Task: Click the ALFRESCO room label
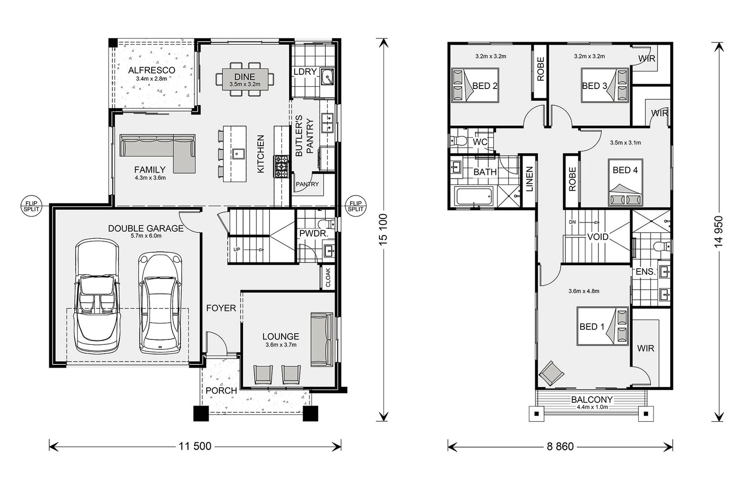tap(151, 70)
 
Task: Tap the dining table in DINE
tap(244, 79)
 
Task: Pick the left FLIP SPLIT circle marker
tap(31, 206)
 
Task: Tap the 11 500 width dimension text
tap(195, 446)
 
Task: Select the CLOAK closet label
tap(328, 277)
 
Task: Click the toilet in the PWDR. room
tap(325, 224)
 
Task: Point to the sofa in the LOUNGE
tap(322, 340)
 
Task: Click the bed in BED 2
tap(474, 85)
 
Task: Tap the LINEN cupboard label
tap(529, 179)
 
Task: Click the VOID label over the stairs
tap(598, 237)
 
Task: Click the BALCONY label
tap(591, 399)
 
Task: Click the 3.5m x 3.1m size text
tap(625, 143)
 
